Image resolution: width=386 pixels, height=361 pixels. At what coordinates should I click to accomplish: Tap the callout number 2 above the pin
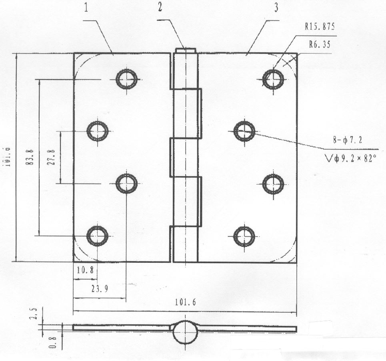pos(160,8)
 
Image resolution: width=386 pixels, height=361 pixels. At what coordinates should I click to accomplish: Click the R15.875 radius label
pos(320,27)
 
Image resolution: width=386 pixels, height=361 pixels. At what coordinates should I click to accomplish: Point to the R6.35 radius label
pos(320,44)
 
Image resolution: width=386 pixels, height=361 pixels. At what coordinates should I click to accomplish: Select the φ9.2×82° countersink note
pos(352,159)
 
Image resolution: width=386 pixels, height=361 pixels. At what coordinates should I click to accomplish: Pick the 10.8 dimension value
pos(85,270)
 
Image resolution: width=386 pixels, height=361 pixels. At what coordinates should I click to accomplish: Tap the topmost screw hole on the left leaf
pos(126,79)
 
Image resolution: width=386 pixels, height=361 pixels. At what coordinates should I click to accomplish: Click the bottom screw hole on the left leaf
pos(97,236)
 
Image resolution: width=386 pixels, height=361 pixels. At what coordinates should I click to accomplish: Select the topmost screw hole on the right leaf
pos(273,79)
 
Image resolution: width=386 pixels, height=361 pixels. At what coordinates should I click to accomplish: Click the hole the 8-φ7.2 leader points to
pos(244,131)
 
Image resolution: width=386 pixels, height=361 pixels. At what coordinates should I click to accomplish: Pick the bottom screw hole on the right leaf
pos(244,236)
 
